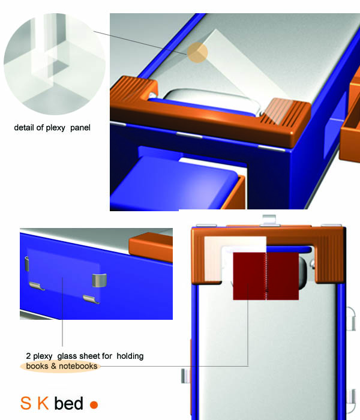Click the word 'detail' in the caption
tap(25, 128)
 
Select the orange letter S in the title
tap(25, 403)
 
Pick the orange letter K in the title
tap(43, 403)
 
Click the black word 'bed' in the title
tap(68, 403)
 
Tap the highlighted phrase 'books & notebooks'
tap(61, 366)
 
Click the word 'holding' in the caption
tap(130, 356)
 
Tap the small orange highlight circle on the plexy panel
tap(196, 53)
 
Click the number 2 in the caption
tap(28, 356)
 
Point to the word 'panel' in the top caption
tap(81, 128)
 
